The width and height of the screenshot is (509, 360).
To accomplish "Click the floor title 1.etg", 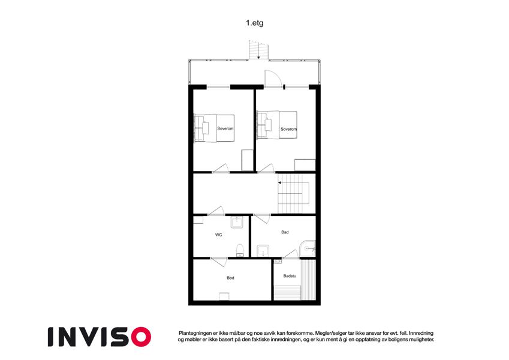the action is tap(254, 23).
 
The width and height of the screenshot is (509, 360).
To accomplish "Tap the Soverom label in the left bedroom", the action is tap(225, 128).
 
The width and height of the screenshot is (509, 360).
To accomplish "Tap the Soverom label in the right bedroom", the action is tap(288, 129).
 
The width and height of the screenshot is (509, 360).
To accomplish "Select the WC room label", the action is tap(218, 235).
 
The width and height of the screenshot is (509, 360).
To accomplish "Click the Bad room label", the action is tap(285, 232).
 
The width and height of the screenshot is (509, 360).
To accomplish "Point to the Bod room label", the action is tap(230, 278).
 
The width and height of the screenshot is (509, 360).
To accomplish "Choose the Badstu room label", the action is tap(290, 276).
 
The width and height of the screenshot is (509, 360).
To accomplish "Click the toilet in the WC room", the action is tap(240, 250).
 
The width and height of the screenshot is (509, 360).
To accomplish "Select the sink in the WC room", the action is tap(237, 222).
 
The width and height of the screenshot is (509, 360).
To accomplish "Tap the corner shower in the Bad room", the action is tap(307, 248).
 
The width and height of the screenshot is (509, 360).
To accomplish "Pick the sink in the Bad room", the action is tap(262, 251).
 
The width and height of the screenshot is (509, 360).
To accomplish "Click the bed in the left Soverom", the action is tap(214, 128).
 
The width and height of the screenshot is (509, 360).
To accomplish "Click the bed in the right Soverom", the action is tap(277, 125).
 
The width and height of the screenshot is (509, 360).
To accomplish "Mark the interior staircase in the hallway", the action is tap(294, 194).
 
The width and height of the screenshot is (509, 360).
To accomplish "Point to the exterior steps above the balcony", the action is tap(259, 50).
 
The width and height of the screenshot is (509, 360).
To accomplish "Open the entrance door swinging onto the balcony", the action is tap(273, 79).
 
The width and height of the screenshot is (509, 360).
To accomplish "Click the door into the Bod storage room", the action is tap(218, 262).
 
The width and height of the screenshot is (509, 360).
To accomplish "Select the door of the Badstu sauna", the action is tap(291, 254).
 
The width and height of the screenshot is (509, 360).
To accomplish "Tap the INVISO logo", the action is tap(100, 337).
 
